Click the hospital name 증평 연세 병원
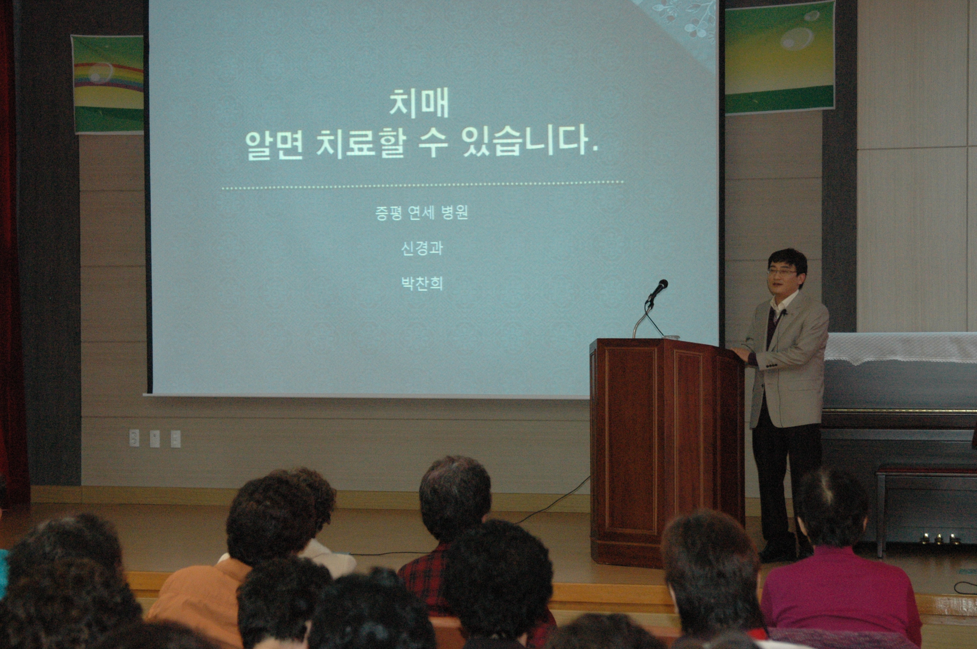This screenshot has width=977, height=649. tap(421, 213)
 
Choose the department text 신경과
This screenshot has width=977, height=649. tap(422, 248)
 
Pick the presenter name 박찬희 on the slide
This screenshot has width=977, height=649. tap(422, 284)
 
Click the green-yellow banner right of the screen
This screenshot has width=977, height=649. tap(779, 58)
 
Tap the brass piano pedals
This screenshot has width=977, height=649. tap(938, 538)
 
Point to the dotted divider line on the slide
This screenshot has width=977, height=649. tap(423, 185)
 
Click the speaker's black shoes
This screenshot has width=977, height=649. tap(779, 553)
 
